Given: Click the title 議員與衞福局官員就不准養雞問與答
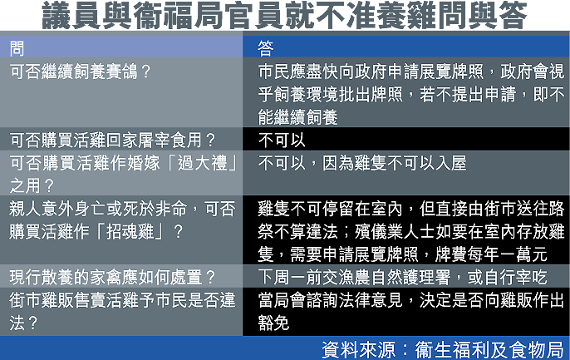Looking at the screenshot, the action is coord(284,15).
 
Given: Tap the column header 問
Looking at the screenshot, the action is coord(17,48).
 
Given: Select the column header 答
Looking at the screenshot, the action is coord(266,48).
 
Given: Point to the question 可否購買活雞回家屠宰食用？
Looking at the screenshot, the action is coord(113,140).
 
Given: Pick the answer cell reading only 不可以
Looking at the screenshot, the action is coord(282,140).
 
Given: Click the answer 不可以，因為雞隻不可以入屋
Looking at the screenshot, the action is coord(362,163).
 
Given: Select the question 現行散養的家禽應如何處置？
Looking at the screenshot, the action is coord(113,277).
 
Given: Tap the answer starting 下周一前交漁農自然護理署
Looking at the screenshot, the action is coord(402,277).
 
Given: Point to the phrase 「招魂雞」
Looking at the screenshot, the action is coord(130,232).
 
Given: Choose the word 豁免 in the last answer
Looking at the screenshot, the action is coord(273,323).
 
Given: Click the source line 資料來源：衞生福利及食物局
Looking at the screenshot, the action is coord(442,349).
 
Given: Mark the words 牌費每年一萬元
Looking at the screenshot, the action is coord(491,254).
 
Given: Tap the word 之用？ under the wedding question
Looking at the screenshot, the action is coord(32,185).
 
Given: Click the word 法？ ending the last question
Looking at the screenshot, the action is coord(23,323).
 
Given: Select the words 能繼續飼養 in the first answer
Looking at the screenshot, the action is coord(297,117).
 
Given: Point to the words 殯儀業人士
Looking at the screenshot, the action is coord(395,232).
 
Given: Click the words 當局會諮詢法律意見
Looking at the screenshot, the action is coord(330,300).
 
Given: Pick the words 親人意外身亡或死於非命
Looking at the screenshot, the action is coord(98,209).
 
